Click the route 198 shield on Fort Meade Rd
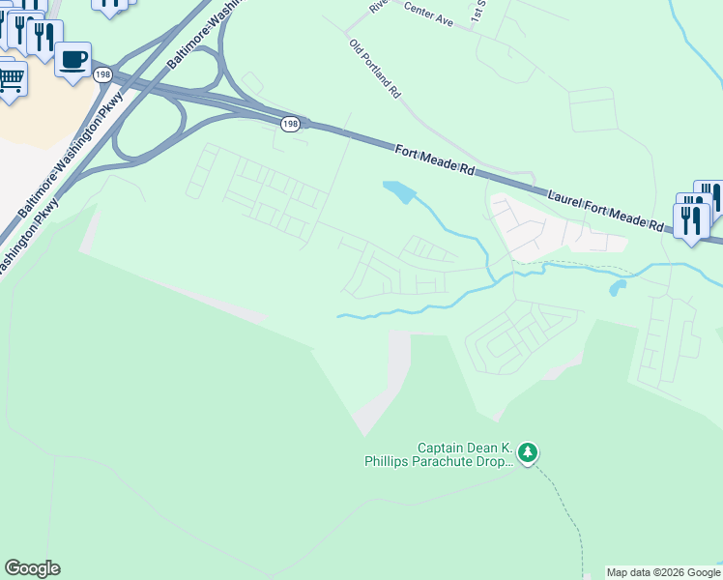pos(290,125)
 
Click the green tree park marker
pos(527,451)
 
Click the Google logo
pos(32,568)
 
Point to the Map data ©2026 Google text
pos(663,572)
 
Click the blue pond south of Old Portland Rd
pos(399,191)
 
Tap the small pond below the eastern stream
pos(617,288)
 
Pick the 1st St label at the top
pos(477,12)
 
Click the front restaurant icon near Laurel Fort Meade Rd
pos(691,219)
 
